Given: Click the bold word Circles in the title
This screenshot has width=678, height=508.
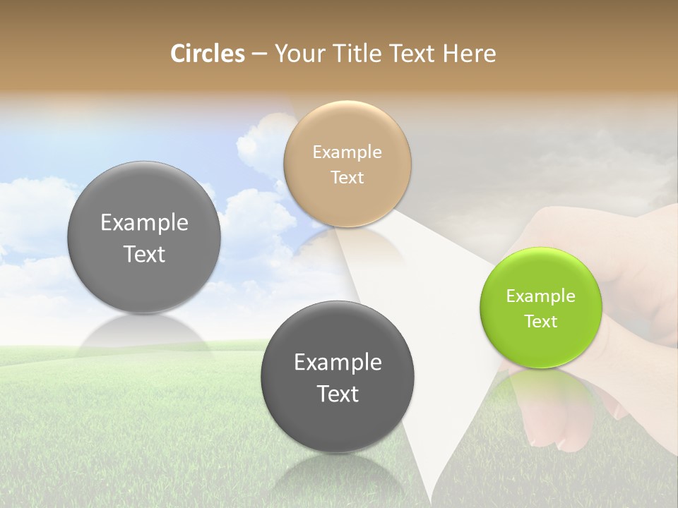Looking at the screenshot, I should [x=207, y=54].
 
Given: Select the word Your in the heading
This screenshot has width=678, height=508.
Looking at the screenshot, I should [x=297, y=54].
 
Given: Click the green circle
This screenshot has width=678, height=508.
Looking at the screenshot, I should [x=541, y=308].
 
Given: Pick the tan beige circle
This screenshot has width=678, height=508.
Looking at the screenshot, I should [x=347, y=164].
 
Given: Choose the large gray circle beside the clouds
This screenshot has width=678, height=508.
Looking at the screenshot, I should [x=144, y=238].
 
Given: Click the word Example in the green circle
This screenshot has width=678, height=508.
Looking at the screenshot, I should [x=541, y=296].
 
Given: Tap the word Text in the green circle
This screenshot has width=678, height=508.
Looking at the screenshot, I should [x=541, y=322].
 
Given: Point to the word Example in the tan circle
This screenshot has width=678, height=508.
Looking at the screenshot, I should [x=347, y=152].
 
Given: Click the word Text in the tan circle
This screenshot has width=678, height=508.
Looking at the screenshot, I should [x=347, y=178].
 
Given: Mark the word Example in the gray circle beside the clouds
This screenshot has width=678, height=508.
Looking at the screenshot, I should [x=144, y=223].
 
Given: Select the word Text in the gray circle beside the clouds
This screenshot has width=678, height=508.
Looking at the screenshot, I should [x=144, y=254].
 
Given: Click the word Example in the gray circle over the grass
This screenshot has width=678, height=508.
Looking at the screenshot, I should [x=338, y=363].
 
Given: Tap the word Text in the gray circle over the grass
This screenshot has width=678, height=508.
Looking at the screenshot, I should [x=338, y=394].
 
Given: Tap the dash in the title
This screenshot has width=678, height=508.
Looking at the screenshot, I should [x=258, y=54].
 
